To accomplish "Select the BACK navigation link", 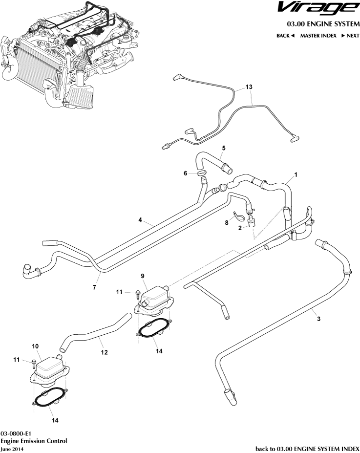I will coord(285,36).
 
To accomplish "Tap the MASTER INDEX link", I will coord(318,36).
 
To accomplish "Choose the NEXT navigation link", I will coord(350,36).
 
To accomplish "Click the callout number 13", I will coord(249,86).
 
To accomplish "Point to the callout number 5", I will coord(224,148).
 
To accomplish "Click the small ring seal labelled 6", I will coord(202,173).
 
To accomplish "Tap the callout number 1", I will coord(295,174).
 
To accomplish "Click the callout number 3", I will coord(319,319).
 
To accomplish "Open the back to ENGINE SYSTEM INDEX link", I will coord(307,448).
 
